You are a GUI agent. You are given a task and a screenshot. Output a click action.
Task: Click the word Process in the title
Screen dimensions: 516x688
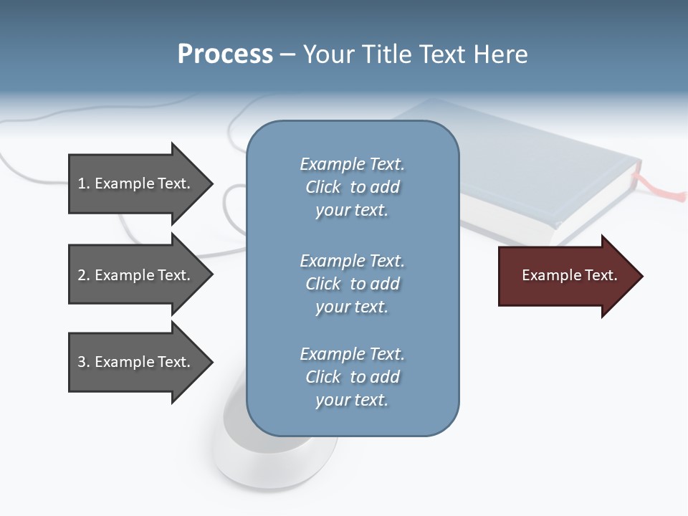click(x=225, y=54)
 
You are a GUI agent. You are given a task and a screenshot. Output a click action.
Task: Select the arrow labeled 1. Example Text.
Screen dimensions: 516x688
click(x=136, y=183)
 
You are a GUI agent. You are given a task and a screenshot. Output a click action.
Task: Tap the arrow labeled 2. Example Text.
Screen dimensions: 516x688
click(x=136, y=275)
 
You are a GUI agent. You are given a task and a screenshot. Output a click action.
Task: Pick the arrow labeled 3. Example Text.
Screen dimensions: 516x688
click(x=136, y=362)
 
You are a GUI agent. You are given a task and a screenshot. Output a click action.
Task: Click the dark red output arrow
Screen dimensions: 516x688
click(x=566, y=275)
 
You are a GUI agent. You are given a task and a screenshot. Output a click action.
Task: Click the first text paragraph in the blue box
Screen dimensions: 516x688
click(x=352, y=187)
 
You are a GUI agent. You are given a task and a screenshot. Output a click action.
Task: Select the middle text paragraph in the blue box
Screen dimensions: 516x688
click(x=352, y=284)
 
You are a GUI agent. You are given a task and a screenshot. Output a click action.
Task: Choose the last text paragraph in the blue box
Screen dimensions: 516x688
click(x=352, y=377)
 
